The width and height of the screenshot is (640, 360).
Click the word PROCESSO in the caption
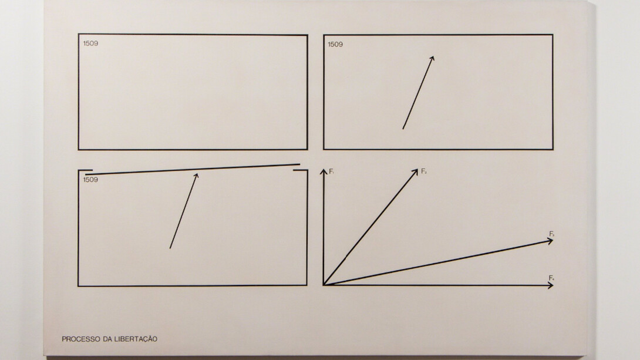[78, 339]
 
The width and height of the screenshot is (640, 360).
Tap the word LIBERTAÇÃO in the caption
[137, 339]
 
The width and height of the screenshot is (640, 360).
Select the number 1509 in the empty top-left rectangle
[90, 43]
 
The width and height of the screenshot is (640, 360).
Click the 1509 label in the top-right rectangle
[335, 44]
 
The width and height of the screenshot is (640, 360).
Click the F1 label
[332, 171]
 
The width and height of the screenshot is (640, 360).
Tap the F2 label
[423, 171]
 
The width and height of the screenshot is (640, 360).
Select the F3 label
[552, 234]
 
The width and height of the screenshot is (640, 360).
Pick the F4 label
[552, 277]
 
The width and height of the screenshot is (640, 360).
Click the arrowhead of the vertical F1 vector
[323, 171]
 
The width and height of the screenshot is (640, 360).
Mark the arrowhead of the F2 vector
[415, 170]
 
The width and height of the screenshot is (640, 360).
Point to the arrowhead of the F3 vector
[550, 240]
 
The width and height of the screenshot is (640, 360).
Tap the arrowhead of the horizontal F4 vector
[550, 285]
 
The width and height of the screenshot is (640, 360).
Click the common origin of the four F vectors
[324, 285]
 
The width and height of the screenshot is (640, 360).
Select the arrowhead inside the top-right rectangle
[432, 58]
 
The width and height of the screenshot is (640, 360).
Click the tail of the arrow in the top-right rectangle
[403, 129]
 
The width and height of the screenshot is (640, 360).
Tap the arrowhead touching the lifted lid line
[196, 174]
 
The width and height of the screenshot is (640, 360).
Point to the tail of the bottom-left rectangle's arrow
[170, 248]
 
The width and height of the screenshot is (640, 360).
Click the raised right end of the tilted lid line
[299, 164]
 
